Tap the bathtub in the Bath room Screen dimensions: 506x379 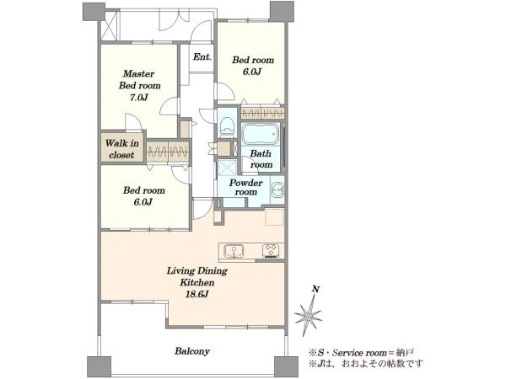coord(260,133)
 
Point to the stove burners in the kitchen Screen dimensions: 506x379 coord(271,251)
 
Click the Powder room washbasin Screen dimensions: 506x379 coord(277,189)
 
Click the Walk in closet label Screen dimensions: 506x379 coord(122,149)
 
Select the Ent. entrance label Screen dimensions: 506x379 coord(202,57)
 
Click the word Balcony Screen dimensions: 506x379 coord(192,351)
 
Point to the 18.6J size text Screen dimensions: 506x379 coord(196,294)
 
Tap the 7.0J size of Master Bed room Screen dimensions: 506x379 coord(139,98)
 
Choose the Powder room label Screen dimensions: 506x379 coord(246,187)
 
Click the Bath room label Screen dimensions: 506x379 coord(261,159)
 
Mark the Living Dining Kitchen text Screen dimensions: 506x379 coord(196,276)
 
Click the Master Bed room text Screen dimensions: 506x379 coord(139,80)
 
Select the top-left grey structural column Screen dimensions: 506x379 coord(94,12)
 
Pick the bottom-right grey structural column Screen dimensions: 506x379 coord(286,366)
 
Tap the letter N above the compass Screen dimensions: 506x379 coord(315,289)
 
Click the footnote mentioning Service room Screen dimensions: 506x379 coord(361,353)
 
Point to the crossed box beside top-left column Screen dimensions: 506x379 coord(109,26)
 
